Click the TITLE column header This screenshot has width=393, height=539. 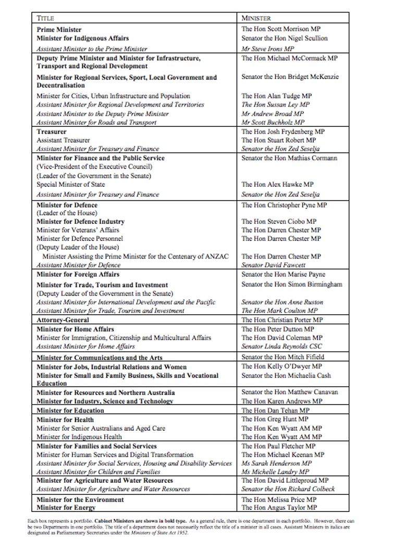coord(45,18)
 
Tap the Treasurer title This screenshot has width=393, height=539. coord(51,132)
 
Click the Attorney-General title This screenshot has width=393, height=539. coord(63,320)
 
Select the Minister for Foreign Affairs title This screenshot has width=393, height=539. coord(78,274)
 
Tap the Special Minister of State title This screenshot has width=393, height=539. coord(70,184)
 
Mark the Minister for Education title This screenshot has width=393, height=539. coord(70,410)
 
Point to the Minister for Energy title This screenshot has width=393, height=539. coord(66,508)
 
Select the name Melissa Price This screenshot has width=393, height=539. coord(285,499)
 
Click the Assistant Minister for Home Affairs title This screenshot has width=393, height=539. coord(85,346)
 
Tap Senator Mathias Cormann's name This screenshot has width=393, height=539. coord(289,158)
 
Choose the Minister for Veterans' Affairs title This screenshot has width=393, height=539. coord(78,230)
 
